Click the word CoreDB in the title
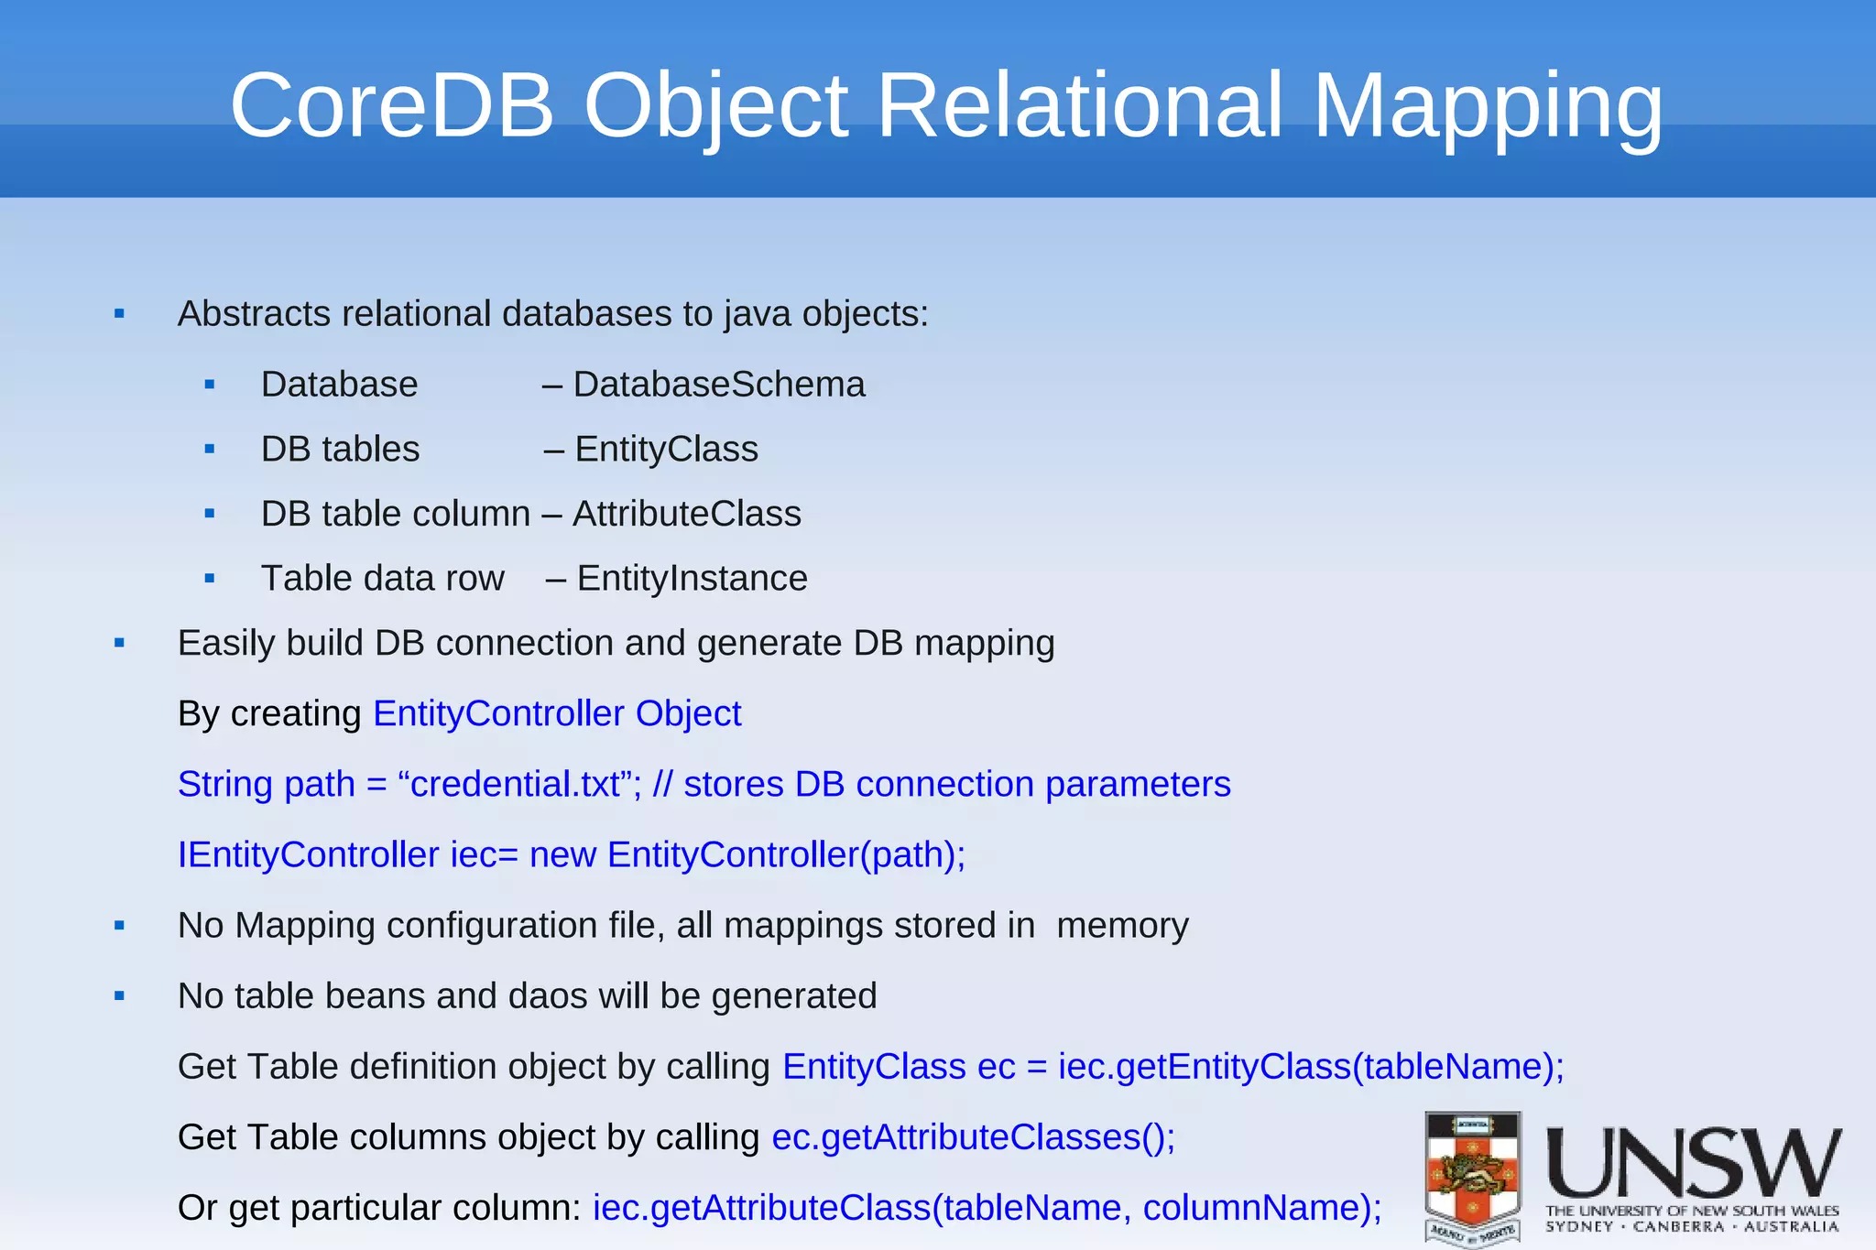(392, 106)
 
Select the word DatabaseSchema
(718, 385)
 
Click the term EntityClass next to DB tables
(666, 450)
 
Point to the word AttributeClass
(686, 514)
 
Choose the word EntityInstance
(692, 579)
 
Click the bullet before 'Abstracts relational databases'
(119, 314)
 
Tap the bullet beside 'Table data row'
(210, 579)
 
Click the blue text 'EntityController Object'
(557, 713)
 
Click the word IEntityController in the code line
(308, 855)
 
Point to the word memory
(1122, 926)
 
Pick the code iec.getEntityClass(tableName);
(1311, 1067)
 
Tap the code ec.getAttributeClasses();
(973, 1137)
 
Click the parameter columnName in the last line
(1251, 1208)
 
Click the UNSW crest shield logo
(1473, 1177)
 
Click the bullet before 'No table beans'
(119, 996)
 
